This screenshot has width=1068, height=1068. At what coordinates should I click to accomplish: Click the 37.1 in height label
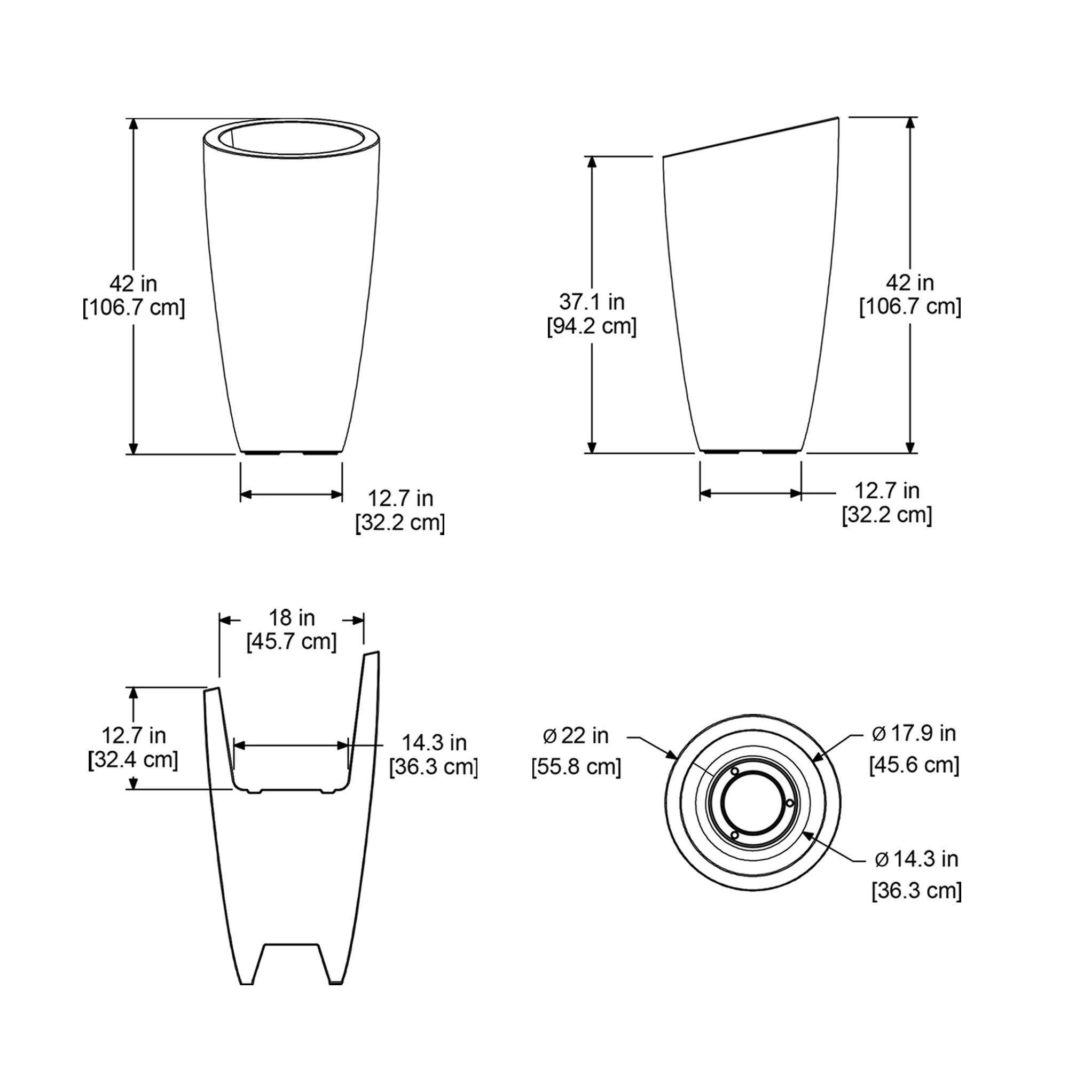coord(592,302)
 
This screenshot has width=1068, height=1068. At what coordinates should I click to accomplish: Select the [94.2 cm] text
coord(592,326)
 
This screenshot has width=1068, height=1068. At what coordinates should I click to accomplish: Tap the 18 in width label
coord(292,617)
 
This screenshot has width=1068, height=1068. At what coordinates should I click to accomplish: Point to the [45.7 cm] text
coord(292,642)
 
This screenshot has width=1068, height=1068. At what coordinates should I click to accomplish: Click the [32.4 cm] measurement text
coord(133,760)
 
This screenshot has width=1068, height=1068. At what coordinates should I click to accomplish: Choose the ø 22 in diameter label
coord(576,736)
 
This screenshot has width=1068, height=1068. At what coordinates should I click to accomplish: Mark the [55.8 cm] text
coord(576,767)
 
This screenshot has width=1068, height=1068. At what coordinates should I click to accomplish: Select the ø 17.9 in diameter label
coord(914,734)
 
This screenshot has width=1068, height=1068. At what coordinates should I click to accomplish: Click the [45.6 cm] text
coord(914,765)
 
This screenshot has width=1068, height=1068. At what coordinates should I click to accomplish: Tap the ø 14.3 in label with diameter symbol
coord(917,859)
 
